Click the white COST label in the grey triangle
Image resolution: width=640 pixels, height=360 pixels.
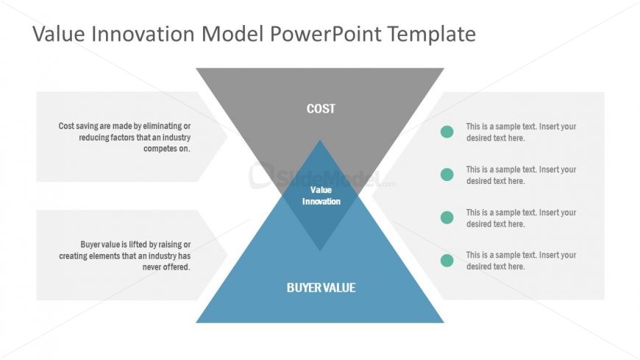click(x=321, y=109)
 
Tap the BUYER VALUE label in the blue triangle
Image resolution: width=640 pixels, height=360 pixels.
click(x=321, y=288)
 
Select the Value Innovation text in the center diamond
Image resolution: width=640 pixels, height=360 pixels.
click(x=321, y=196)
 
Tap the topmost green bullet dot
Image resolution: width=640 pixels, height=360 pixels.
click(x=447, y=132)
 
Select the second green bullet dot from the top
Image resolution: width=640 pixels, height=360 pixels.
click(x=447, y=174)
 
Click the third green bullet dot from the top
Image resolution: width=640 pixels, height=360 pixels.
click(x=447, y=217)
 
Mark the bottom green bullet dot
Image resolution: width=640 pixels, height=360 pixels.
click(x=447, y=260)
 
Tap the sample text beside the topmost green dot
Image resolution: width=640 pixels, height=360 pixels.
click(x=521, y=132)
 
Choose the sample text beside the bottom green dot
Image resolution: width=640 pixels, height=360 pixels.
click(x=521, y=261)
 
